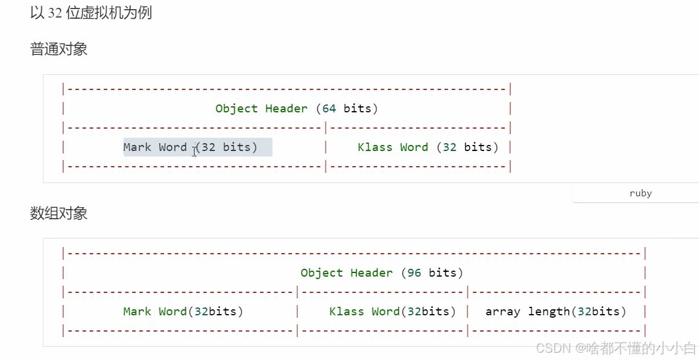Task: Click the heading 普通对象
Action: pyautogui.click(x=59, y=49)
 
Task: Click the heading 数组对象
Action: pyautogui.click(x=59, y=213)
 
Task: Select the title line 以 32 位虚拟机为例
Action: pyautogui.click(x=91, y=12)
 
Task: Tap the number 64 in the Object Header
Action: pyautogui.click(x=329, y=109)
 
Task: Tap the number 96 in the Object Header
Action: pyautogui.click(x=414, y=273)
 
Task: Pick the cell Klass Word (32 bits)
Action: pyautogui.click(x=428, y=147)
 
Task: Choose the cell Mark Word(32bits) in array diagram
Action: pyautogui.click(x=183, y=312)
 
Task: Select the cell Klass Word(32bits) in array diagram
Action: pyautogui.click(x=393, y=312)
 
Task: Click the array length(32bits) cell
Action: pyautogui.click(x=556, y=312)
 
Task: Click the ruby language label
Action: pyautogui.click(x=640, y=193)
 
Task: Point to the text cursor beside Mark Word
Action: pyautogui.click(x=194, y=150)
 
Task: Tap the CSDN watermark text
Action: pyautogui.click(x=616, y=349)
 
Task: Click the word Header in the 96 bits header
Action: pyautogui.click(x=372, y=273)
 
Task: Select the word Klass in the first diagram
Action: pyautogui.click(x=375, y=147)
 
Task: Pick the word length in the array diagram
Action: pyautogui.click(x=549, y=312)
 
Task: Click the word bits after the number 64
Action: pyautogui.click(x=358, y=109)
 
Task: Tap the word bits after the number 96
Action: pyautogui.click(x=443, y=273)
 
